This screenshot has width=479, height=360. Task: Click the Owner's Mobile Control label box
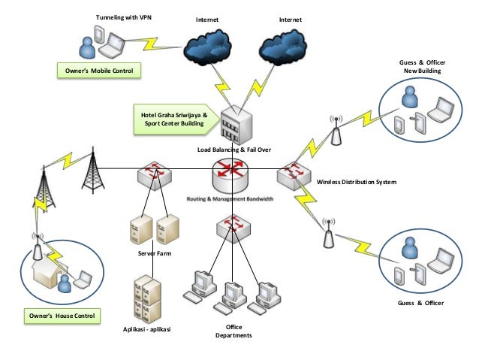[x=99, y=71]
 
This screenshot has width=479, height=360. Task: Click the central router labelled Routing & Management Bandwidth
[x=230, y=179]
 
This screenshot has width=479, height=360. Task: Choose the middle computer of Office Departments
[x=233, y=293]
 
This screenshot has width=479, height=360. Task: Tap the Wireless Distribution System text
[x=357, y=183]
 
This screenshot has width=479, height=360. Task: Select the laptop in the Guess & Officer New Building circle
[x=440, y=110]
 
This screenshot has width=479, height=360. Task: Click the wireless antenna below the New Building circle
[x=335, y=130]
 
